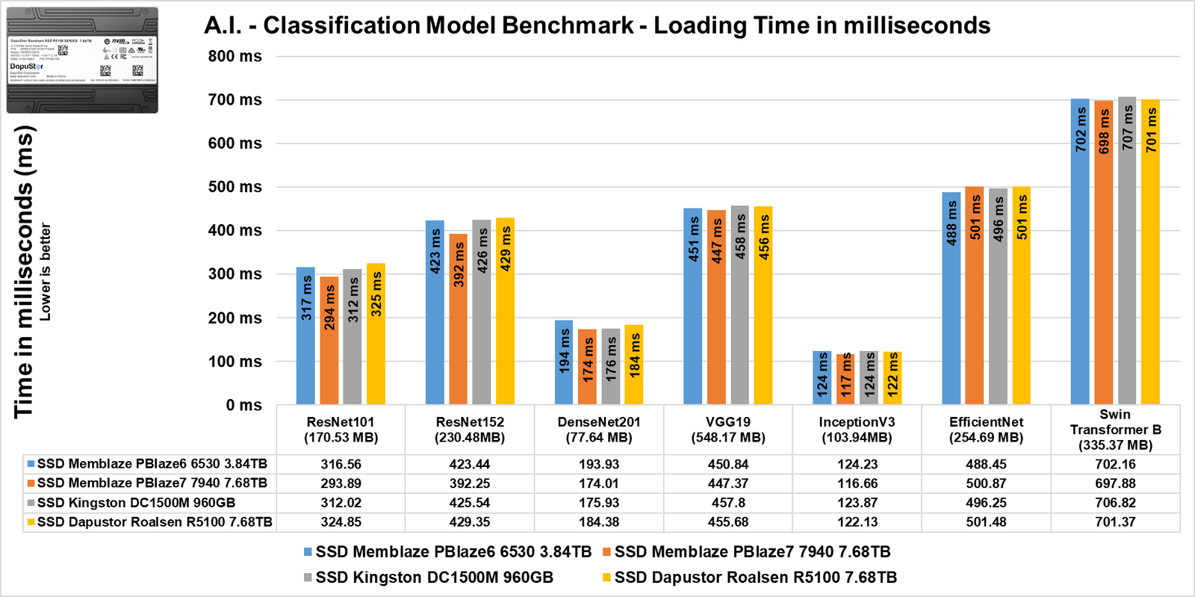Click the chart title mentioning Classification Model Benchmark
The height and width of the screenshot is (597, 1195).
coord(597,25)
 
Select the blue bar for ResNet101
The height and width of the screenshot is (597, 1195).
coord(305,336)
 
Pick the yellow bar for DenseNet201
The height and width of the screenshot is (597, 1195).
coord(634,365)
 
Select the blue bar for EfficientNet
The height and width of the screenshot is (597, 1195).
coord(951,299)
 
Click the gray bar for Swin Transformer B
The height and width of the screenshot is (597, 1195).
coord(1127,251)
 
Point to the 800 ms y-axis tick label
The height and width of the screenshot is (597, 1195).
coord(235,56)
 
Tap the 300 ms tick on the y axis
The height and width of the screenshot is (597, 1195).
coord(235,274)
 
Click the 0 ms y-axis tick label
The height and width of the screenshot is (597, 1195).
coord(243,405)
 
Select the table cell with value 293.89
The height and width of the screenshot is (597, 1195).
coord(341,483)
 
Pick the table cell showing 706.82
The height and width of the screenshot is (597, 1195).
coord(1115,503)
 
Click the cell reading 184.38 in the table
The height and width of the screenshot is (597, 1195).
coord(599,522)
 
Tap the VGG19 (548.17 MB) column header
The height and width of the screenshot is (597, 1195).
coord(728,430)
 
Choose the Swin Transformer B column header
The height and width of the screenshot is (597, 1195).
coord(1115,430)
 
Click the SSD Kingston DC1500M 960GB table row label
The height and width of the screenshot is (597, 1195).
coord(136,503)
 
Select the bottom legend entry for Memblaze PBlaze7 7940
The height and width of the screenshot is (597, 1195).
coord(746,552)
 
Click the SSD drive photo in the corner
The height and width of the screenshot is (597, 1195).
coord(82,61)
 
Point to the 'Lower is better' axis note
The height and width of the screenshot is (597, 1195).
coord(46,272)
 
